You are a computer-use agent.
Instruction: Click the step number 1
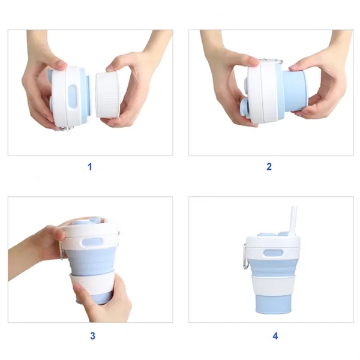point(90,166)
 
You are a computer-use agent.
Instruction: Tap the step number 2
point(269,166)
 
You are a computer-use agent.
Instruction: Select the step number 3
point(92,336)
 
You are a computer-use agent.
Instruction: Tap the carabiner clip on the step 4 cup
point(245,256)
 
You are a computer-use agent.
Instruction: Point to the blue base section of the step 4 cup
point(275,304)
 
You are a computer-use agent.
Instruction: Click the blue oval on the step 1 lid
point(73,97)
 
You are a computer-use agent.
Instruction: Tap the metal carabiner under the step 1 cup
point(67,127)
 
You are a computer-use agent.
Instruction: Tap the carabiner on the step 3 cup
point(61,251)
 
